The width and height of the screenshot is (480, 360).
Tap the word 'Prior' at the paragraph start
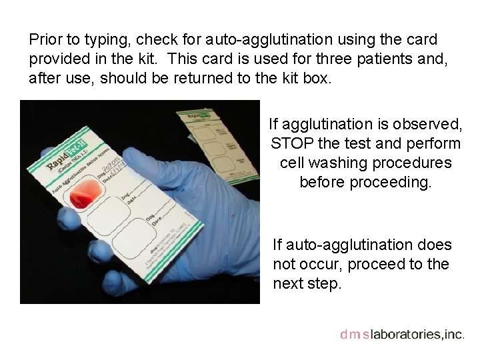pos(45,40)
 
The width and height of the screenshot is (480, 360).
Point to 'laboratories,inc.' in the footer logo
pos(417,335)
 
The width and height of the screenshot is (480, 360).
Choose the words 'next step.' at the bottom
pos(307,283)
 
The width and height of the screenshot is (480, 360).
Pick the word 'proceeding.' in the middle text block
pos(365,182)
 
